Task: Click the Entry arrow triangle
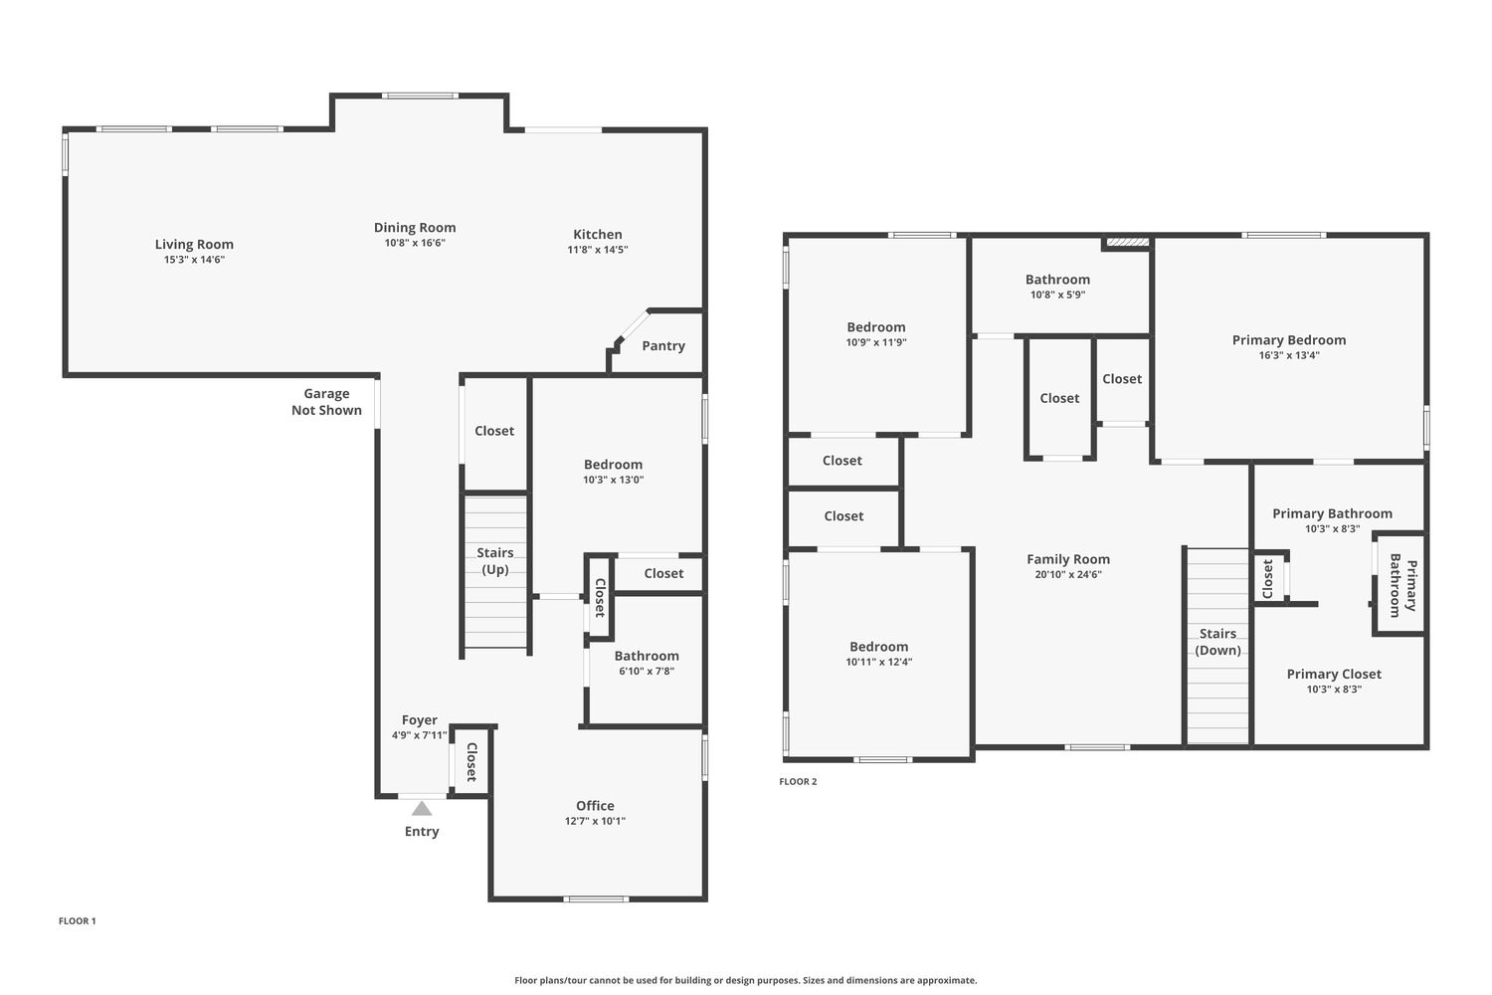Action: pos(422,808)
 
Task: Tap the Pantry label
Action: pos(663,346)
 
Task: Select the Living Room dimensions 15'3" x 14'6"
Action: pos(195,260)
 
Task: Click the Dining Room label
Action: pos(415,227)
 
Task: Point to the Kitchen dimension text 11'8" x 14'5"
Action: pos(598,250)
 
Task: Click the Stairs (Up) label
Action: pos(495,561)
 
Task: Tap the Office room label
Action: pos(595,806)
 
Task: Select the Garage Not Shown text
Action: pos(326,402)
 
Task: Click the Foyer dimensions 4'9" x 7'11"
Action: pos(420,735)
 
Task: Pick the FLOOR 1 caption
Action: pos(78,921)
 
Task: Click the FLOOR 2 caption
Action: pos(798,782)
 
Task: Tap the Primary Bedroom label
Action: pos(1289,340)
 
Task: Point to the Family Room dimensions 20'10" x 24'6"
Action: pos(1068,574)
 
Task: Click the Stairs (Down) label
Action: pos(1217,642)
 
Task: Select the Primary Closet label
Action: pos(1334,674)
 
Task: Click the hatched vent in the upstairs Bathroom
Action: pos(1126,243)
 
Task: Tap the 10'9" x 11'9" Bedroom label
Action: pos(876,327)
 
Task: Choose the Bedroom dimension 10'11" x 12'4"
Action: pos(879,662)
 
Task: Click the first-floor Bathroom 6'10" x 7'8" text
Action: pos(647,671)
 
